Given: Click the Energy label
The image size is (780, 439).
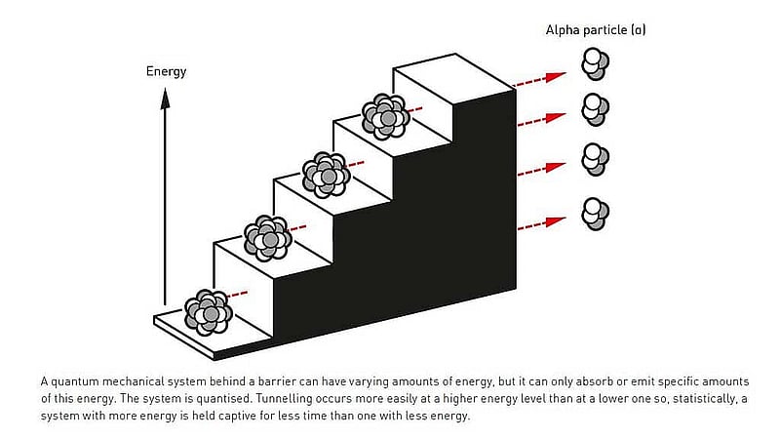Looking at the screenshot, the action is (x=166, y=71).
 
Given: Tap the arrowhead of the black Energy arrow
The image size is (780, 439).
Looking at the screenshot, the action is (x=165, y=98).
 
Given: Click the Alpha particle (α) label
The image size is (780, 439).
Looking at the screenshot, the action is (x=596, y=30).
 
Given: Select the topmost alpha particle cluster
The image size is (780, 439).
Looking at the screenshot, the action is (x=595, y=63).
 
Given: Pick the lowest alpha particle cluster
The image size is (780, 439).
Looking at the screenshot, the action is (x=595, y=214).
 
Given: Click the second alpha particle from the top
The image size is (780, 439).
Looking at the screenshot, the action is (x=595, y=109).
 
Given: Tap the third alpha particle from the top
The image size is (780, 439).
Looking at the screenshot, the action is (x=595, y=159).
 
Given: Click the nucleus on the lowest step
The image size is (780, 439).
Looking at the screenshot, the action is (x=209, y=312).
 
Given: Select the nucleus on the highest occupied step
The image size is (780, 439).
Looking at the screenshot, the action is (x=385, y=116).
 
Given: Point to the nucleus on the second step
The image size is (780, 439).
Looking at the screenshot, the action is (x=267, y=238).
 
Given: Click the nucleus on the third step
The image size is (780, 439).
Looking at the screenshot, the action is (x=327, y=176).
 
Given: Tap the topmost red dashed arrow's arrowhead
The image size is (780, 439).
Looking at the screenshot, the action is (x=556, y=77).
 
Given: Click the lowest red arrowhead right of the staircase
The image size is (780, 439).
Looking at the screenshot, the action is (x=556, y=221).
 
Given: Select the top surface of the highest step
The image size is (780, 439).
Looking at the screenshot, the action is (x=453, y=78).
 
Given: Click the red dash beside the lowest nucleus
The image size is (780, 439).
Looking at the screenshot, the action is (x=238, y=295).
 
